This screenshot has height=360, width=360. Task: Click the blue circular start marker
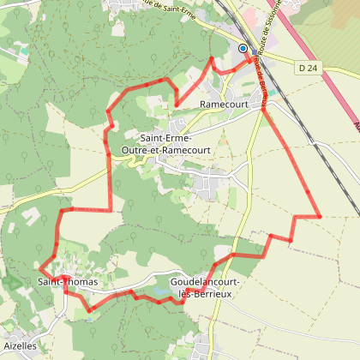[243, 49]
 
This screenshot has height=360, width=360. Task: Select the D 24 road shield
[309, 67]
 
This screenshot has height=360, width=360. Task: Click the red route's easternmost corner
[319, 216]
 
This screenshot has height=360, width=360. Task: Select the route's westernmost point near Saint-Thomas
[39, 267]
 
